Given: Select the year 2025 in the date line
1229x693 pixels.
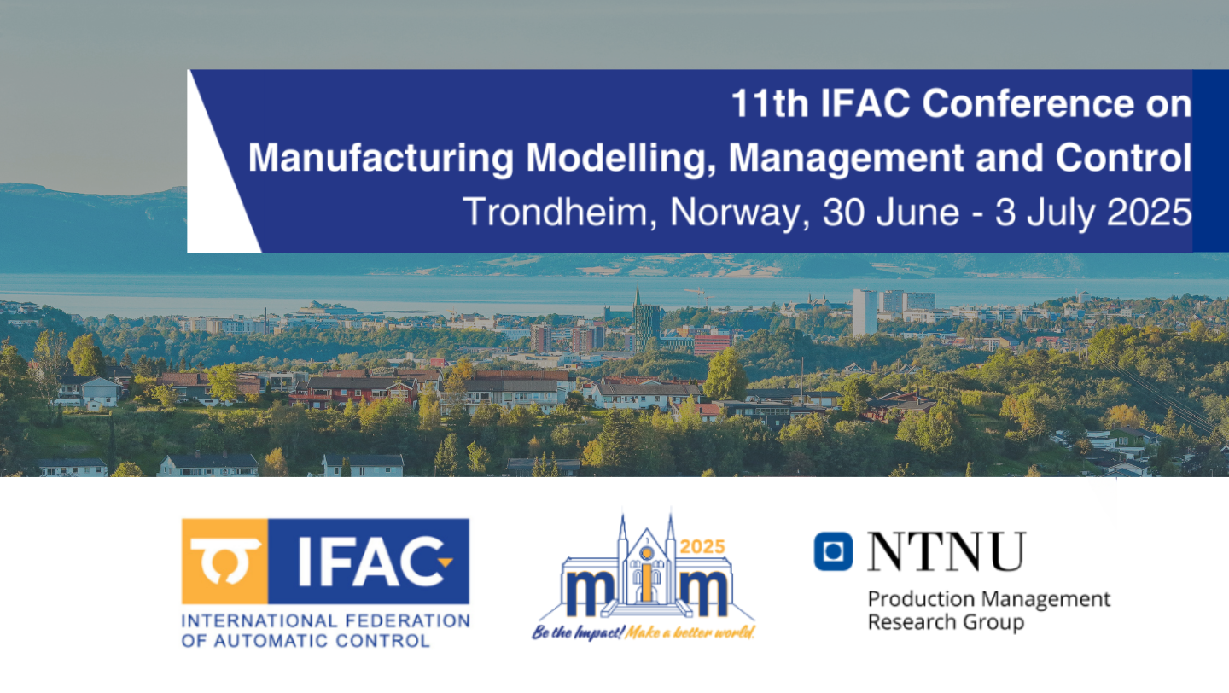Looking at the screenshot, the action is (1149, 212).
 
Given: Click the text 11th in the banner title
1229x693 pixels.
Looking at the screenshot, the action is (771, 103).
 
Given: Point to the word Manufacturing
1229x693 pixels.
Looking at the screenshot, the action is (382, 159).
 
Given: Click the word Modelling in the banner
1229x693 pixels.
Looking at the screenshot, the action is (620, 159).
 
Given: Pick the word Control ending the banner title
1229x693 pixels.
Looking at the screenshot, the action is (1124, 158).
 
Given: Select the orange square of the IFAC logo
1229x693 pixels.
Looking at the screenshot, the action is (225, 561).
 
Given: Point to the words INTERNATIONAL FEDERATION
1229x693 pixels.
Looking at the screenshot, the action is (325, 621).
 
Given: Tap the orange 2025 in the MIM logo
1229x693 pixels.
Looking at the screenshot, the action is (703, 546).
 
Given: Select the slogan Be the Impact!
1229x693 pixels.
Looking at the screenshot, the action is (578, 632).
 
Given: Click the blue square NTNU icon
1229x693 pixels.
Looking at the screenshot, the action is (833, 550).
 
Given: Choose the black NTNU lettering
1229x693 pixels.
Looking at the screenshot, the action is (946, 550).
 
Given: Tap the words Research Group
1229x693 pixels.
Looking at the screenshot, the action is (946, 623).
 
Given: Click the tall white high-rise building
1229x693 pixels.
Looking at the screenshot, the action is (865, 312).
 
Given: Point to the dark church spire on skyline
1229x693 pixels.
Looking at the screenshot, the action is (637, 295).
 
